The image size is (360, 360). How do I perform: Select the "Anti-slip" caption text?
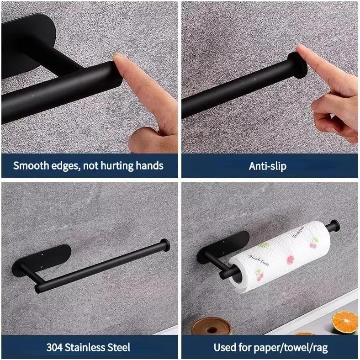tap(268, 165)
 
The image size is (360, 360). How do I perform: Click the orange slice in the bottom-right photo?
tap(345, 322)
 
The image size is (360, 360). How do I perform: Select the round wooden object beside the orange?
tap(211, 326)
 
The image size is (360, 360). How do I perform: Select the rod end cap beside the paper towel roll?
tap(335, 226)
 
